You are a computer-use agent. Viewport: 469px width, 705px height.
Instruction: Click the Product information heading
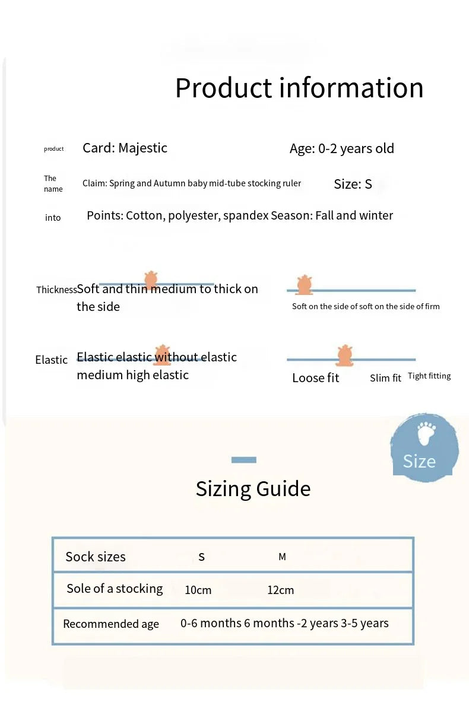tap(299, 88)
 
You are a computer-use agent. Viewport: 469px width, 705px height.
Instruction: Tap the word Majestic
tap(143, 148)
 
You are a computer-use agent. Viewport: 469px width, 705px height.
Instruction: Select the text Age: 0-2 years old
tap(341, 148)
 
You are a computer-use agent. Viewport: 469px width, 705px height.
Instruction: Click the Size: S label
tap(353, 184)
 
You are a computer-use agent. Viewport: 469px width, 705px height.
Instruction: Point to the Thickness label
tap(56, 290)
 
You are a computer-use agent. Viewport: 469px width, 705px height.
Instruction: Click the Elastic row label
tap(51, 360)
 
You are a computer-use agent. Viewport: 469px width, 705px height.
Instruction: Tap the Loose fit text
tap(315, 378)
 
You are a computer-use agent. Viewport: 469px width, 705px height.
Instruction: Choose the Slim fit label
tap(385, 378)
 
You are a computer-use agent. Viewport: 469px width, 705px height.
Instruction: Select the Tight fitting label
tap(429, 376)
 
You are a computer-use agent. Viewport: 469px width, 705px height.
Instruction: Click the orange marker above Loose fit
tap(345, 355)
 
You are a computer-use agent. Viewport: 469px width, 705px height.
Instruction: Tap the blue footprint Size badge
tap(424, 447)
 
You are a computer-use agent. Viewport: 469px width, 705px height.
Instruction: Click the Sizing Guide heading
tap(253, 489)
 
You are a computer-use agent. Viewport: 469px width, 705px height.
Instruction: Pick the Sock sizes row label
tap(96, 557)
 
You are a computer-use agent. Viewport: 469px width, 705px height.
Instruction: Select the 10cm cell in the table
tap(198, 590)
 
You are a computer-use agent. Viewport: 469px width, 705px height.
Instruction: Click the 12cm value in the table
tap(280, 590)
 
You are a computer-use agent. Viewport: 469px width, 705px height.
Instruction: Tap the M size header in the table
tap(282, 557)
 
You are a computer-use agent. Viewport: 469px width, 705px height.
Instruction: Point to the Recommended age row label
tap(111, 624)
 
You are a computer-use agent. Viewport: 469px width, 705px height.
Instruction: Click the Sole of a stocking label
tap(115, 589)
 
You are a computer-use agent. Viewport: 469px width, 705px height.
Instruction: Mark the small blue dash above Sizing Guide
tap(243, 460)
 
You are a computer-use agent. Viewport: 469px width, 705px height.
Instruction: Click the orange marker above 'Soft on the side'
tap(304, 285)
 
